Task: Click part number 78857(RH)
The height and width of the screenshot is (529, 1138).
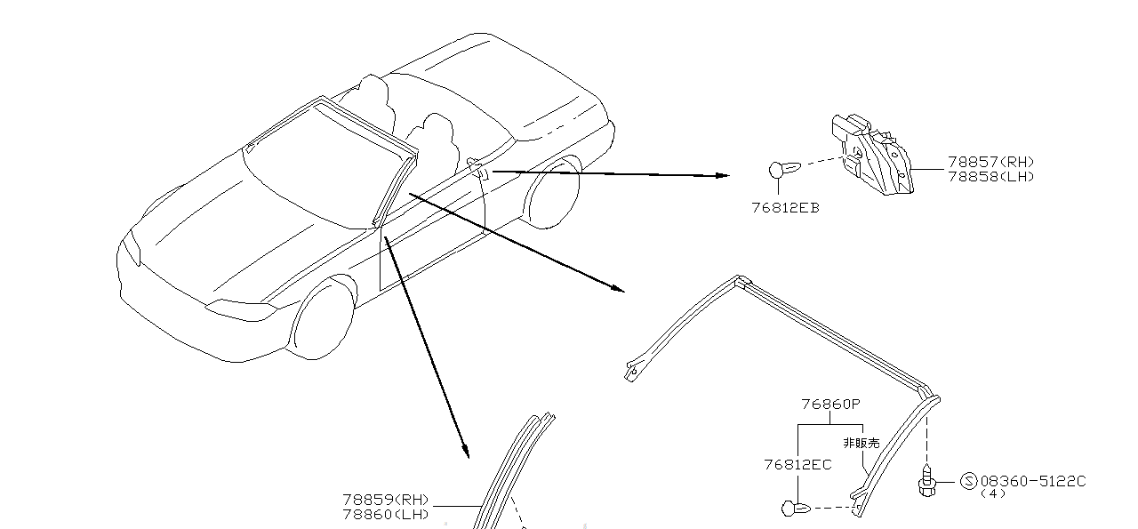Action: point(990,162)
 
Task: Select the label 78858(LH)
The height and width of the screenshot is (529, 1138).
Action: point(990,176)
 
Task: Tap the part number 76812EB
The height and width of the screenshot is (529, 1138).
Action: point(785,208)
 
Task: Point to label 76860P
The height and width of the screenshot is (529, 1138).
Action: point(830,404)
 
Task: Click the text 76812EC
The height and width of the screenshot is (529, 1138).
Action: point(797,464)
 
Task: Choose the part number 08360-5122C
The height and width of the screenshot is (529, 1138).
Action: point(1032,481)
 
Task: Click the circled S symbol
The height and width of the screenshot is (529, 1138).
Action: point(969,481)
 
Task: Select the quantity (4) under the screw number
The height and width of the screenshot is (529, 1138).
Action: point(992,493)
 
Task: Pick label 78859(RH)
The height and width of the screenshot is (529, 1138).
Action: point(386,500)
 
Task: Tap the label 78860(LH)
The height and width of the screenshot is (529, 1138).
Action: point(386,514)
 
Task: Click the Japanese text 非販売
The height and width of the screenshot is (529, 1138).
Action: point(861,442)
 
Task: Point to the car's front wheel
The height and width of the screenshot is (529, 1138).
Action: point(321,318)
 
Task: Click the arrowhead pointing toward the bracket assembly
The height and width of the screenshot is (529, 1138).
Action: point(722,176)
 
